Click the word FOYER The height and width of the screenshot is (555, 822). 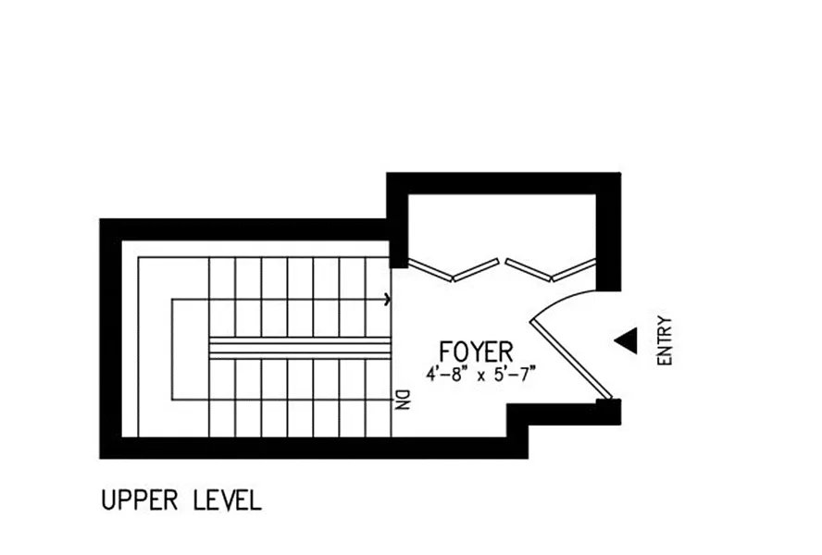click(x=476, y=352)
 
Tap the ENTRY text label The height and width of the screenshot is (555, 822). click(x=664, y=341)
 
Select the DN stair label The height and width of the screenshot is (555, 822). click(x=403, y=399)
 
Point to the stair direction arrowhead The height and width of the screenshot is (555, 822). click(x=387, y=299)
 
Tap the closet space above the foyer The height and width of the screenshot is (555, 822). click(x=500, y=227)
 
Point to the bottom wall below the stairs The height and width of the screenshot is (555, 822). click(x=305, y=448)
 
